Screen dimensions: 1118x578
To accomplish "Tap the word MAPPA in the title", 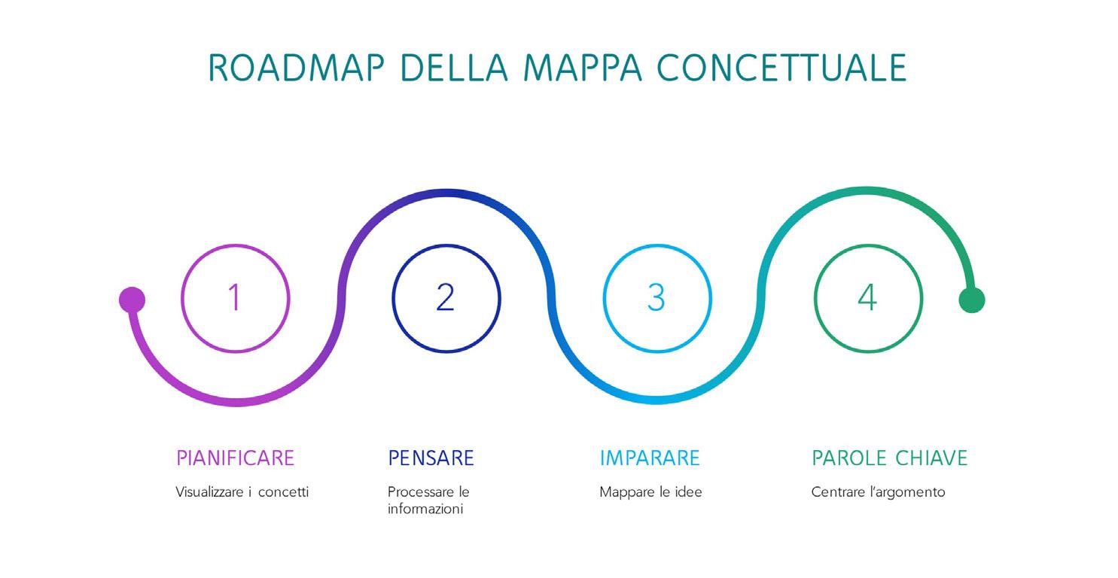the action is [x=584, y=68].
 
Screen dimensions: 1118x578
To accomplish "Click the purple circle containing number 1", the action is [x=236, y=298].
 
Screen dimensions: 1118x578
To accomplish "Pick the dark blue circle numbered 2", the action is [x=446, y=298].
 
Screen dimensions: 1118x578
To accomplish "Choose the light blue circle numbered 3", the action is [x=656, y=298].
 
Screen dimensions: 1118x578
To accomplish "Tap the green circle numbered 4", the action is [x=867, y=298].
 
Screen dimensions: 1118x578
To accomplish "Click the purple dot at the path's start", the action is [x=132, y=300].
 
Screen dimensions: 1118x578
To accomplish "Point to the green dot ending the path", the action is [x=971, y=300].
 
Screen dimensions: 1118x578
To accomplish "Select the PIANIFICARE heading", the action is [x=235, y=458].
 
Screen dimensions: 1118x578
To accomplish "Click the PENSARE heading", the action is [x=431, y=458].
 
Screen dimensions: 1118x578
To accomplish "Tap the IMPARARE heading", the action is [x=650, y=458].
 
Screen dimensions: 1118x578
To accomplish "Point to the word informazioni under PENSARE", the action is [x=425, y=510].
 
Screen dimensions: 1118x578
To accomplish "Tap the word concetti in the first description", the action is [x=283, y=492].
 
